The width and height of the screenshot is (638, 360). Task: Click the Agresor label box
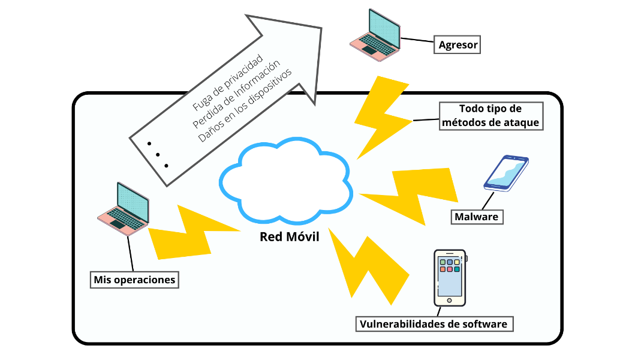458,45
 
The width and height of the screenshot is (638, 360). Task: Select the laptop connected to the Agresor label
376,34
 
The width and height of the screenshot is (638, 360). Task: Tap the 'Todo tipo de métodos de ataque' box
491,116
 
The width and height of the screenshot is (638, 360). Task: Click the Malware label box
477,217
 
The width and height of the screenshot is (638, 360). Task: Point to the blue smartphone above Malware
507,173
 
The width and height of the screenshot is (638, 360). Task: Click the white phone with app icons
450,278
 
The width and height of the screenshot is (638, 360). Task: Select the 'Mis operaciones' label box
135,280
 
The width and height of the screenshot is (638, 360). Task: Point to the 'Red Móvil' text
290,236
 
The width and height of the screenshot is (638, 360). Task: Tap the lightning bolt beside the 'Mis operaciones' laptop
192,231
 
